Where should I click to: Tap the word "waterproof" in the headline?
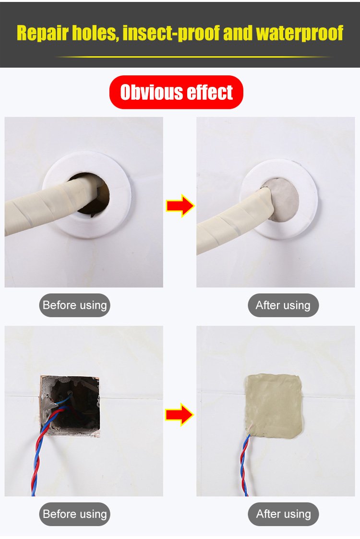(300, 33)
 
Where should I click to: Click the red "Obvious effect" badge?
(176, 92)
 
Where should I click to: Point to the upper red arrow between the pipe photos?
(180, 206)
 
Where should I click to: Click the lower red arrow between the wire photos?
(180, 415)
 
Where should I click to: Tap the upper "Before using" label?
(74, 305)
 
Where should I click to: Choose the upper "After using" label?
(283, 305)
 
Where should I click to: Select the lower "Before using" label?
(74, 514)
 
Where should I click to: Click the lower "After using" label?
(283, 514)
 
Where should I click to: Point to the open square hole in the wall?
(70, 406)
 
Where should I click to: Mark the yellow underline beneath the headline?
(193, 56)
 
